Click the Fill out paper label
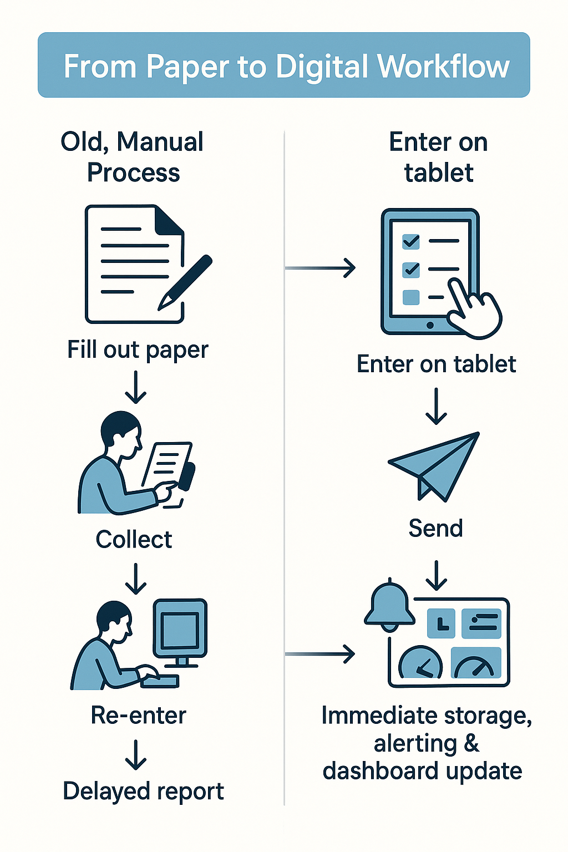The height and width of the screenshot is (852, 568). pyautogui.click(x=138, y=350)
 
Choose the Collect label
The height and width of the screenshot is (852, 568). pyautogui.click(x=134, y=540)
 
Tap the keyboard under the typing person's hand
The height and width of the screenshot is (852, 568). pyautogui.click(x=161, y=681)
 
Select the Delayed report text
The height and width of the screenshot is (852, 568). pyautogui.click(x=143, y=792)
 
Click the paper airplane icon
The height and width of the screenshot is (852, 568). pyautogui.click(x=435, y=465)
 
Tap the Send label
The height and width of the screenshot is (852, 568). pyautogui.click(x=435, y=528)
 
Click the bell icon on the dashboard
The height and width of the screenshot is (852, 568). pyautogui.click(x=389, y=606)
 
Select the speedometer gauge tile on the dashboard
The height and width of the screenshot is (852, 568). pyautogui.click(x=476, y=663)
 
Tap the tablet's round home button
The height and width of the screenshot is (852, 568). pyautogui.click(x=430, y=326)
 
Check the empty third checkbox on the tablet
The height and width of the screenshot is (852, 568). pyautogui.click(x=410, y=297)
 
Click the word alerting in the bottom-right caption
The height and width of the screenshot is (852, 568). pyautogui.click(x=415, y=743)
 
